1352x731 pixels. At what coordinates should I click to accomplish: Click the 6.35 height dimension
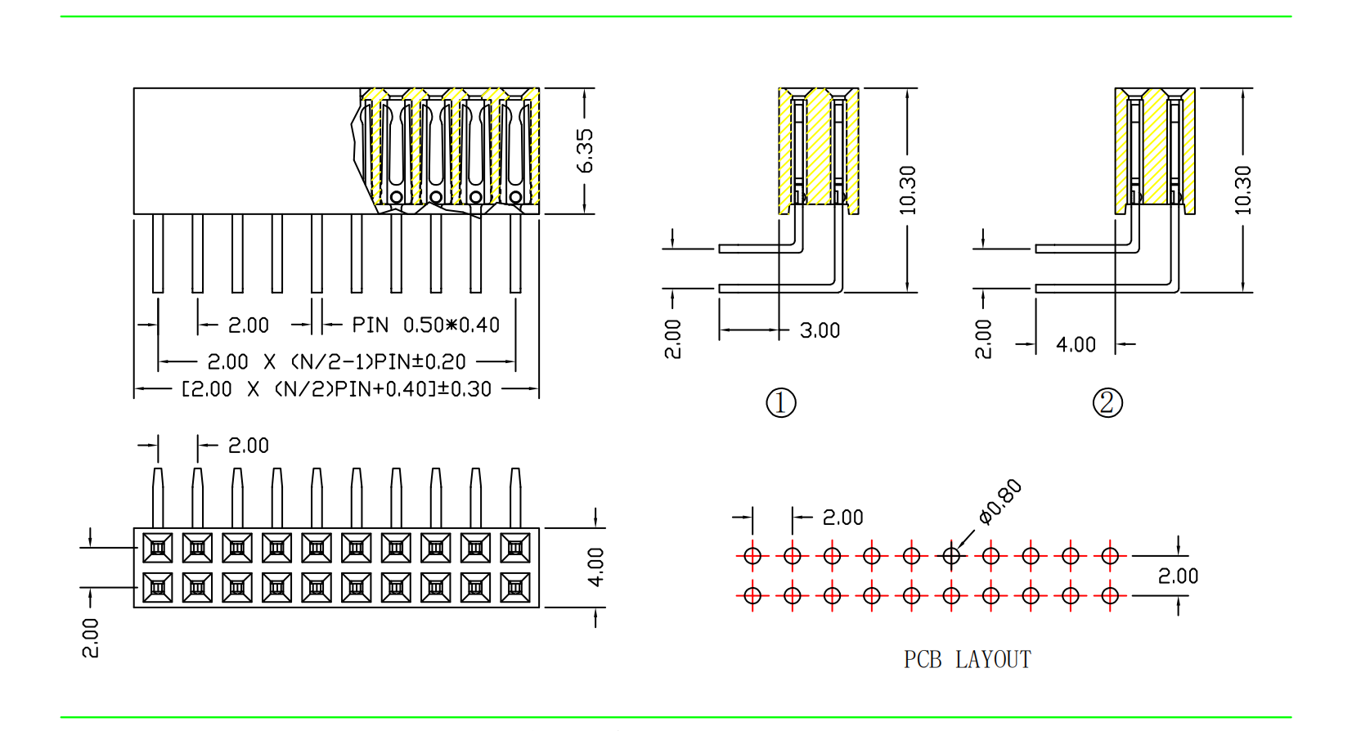click(x=585, y=151)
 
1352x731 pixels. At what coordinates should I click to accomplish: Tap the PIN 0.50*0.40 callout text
click(x=426, y=325)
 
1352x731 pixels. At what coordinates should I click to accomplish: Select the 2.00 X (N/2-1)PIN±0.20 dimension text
click(x=336, y=362)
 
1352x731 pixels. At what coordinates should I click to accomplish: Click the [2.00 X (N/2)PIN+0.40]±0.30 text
click(x=336, y=389)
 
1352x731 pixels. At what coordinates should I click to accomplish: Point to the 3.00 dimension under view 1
click(x=820, y=331)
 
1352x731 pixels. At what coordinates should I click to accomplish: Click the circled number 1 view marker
click(x=781, y=403)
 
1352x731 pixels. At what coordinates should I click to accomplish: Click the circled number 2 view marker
click(x=1107, y=403)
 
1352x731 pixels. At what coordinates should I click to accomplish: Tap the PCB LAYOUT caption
click(x=967, y=660)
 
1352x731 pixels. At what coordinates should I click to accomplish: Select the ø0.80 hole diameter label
click(x=1000, y=502)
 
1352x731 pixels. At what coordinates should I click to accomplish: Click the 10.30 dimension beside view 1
click(x=907, y=191)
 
